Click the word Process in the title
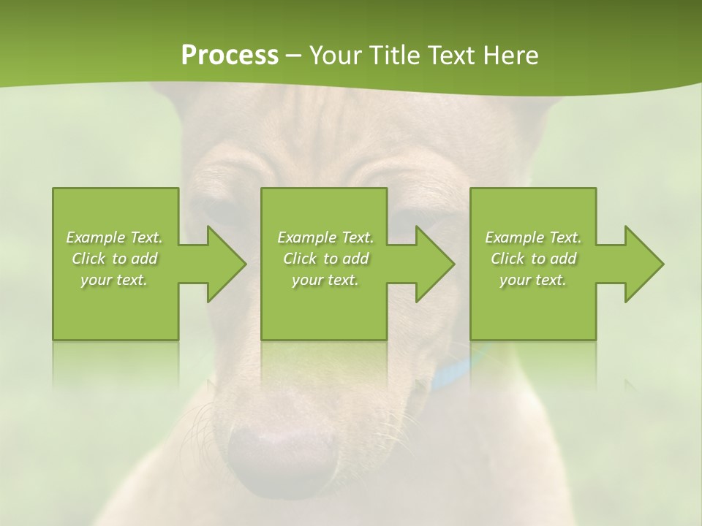click(230, 56)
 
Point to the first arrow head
click(219, 264)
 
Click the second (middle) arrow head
click(429, 264)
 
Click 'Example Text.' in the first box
click(114, 237)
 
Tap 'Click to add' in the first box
click(114, 259)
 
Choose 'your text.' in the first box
click(114, 280)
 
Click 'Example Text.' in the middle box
click(325, 237)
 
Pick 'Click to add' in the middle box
click(325, 259)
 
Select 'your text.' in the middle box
click(325, 280)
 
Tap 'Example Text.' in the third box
click(533, 237)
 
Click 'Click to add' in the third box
click(533, 259)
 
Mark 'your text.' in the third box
click(533, 280)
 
